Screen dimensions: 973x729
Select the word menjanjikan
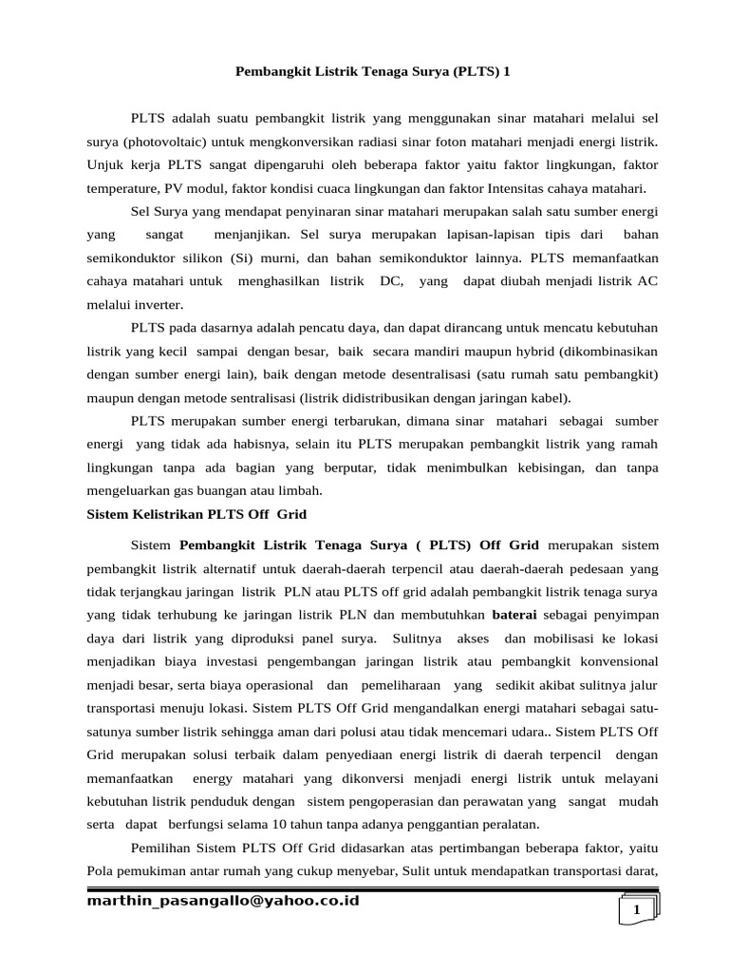[255, 234]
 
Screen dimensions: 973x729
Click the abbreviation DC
[389, 281]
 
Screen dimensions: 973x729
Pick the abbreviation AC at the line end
[647, 281]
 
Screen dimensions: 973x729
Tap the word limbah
[304, 490]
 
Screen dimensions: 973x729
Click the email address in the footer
[223, 901]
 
